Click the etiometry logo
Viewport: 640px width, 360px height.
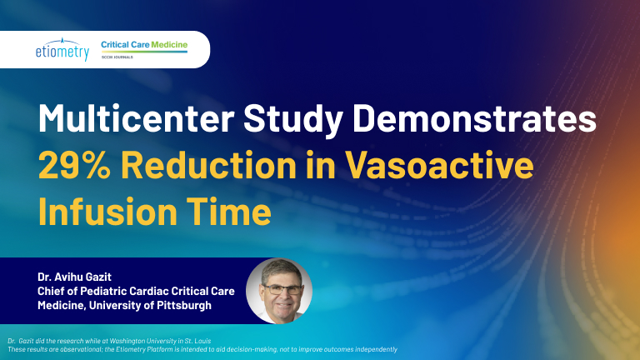point(62,49)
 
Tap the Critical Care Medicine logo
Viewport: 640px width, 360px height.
point(144,49)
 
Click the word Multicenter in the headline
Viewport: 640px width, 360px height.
point(137,118)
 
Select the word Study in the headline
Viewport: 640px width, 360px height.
point(293,120)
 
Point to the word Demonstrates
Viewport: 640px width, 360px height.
point(474,118)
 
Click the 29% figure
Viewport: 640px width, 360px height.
point(74,165)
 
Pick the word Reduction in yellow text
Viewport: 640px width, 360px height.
point(208,165)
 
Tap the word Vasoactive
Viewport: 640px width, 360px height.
point(439,165)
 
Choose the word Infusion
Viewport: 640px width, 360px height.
point(107,212)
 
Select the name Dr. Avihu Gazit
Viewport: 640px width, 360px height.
point(74,277)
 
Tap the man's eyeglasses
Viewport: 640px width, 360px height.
point(282,290)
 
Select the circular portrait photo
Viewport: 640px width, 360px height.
point(279,291)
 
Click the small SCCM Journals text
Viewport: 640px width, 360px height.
point(117,57)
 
